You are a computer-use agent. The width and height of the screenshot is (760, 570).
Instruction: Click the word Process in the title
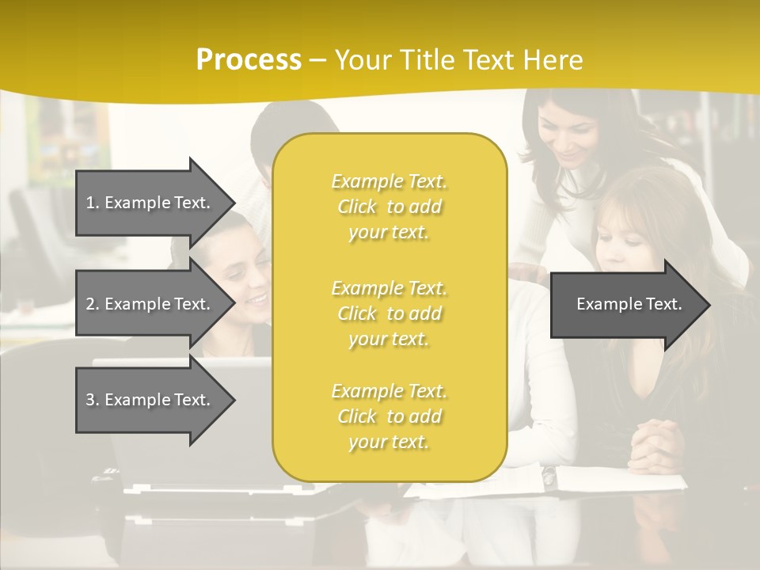tap(249, 60)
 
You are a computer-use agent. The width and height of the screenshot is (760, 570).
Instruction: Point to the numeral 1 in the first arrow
tap(91, 203)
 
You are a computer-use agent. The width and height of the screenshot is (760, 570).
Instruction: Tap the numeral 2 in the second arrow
tap(91, 304)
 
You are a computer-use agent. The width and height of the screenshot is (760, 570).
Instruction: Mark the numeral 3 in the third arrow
tap(91, 400)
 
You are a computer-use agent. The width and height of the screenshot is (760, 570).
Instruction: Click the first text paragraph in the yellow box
tap(389, 207)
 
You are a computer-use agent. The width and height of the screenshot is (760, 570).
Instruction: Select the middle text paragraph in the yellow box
tap(389, 313)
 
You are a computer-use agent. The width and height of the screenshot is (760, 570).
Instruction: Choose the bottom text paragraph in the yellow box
tap(389, 416)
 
